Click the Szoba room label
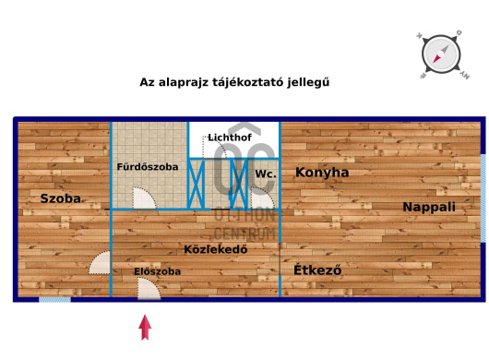pos(61,198)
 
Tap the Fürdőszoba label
pos(147,167)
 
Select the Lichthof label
pos(229,138)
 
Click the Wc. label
pos(266,174)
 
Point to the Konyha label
pos(322,173)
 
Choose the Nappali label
pos(429,208)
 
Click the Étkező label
pos(318,270)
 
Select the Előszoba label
pos(157,271)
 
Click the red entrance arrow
pos(145,327)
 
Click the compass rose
pos(441,53)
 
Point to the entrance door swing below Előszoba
pos(148,289)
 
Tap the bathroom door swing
pos(143,198)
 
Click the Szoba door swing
pos(101,265)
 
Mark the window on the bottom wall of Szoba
pos(54,299)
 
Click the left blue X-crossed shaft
pos(196,183)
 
